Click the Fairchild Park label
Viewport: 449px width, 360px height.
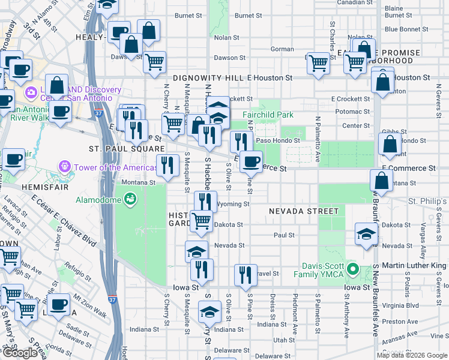tap(268, 114)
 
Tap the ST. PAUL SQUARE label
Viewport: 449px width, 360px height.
tap(118, 148)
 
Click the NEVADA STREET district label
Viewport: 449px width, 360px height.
tap(303, 211)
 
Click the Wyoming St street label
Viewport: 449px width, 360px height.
tap(234, 204)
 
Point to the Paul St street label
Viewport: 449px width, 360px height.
tap(283, 235)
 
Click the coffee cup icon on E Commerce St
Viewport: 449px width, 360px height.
tap(252, 161)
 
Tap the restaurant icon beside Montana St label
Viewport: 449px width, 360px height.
tap(167, 164)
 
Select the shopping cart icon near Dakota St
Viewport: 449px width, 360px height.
tap(201, 220)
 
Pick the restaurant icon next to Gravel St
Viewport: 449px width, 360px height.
tap(245, 274)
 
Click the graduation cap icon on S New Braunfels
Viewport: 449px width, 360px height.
tap(366, 233)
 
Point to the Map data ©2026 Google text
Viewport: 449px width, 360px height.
tap(411, 355)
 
